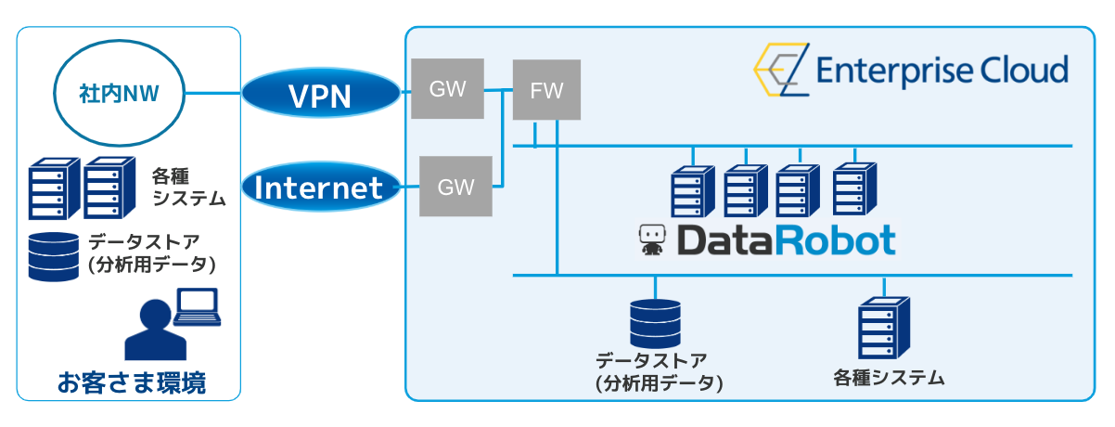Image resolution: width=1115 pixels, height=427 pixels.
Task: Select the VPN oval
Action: pyautogui.click(x=321, y=94)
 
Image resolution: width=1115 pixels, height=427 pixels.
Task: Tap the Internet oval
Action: pyautogui.click(x=319, y=188)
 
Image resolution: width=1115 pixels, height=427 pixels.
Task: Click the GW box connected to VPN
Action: pyautogui.click(x=447, y=89)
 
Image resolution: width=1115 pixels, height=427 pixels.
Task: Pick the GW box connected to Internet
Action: pyautogui.click(x=455, y=187)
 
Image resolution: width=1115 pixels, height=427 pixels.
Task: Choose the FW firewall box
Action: pyautogui.click(x=546, y=90)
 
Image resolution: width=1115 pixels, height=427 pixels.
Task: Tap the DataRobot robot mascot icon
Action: pyautogui.click(x=652, y=240)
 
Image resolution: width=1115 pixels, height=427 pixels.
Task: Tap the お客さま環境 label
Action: pyautogui.click(x=131, y=382)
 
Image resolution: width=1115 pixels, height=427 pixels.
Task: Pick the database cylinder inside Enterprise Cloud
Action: pyautogui.click(x=655, y=322)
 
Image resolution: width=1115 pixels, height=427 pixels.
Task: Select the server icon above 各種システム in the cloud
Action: pyautogui.click(x=884, y=328)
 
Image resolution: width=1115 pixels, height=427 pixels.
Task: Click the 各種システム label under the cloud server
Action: pyautogui.click(x=889, y=378)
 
